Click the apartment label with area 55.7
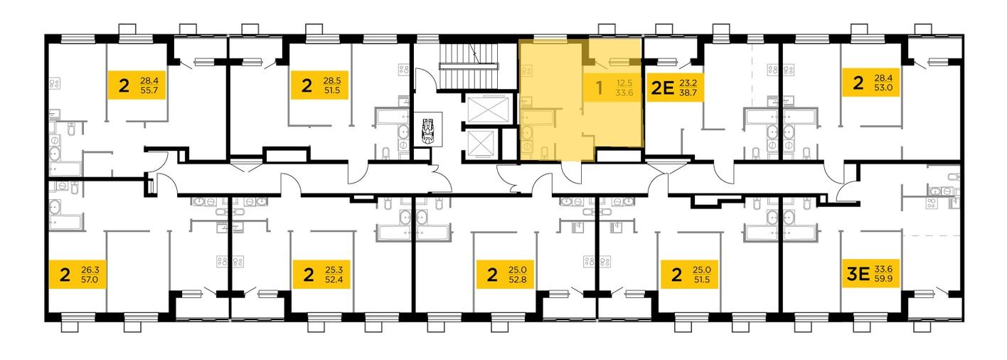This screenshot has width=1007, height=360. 137,85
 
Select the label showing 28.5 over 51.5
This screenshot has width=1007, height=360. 319,85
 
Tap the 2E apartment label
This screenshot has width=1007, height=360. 675,88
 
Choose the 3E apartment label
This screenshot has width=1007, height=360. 870,274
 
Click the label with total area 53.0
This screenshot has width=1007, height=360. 870,83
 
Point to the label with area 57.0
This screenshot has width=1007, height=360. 78,274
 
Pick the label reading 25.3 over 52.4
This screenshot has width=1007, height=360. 321,274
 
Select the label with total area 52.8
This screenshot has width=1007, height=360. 506,274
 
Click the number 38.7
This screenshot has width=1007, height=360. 688,93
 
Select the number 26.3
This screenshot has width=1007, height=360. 90,270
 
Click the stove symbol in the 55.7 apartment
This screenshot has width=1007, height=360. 55,83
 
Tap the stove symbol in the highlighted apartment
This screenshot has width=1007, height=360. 526,70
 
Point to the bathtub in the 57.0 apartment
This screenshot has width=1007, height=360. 65,221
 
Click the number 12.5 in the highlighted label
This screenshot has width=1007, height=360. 624,83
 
